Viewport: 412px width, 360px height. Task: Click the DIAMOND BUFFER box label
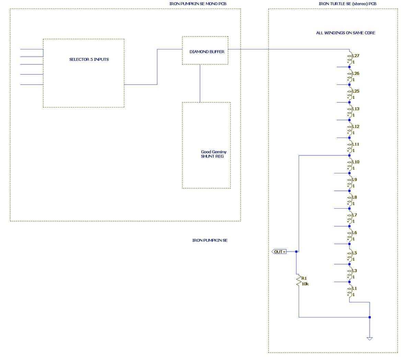(207, 52)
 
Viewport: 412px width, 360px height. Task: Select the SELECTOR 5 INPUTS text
(89, 59)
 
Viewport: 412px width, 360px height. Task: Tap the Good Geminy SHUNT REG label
(214, 154)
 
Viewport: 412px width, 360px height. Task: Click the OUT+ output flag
(279, 252)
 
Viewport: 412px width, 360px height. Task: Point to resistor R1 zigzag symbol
(299, 280)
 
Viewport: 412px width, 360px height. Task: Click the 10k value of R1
(305, 284)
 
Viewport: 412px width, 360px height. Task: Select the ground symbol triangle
(369, 339)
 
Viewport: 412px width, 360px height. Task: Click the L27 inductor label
(356, 56)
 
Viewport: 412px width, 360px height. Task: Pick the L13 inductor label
(356, 109)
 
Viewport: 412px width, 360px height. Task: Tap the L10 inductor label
(356, 162)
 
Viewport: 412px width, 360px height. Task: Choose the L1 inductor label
(354, 288)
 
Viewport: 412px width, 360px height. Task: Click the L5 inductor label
(354, 253)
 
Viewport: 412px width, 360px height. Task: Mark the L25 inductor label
(356, 91)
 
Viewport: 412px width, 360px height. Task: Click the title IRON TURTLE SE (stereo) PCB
(347, 4)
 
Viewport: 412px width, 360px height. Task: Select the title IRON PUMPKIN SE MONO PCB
(198, 4)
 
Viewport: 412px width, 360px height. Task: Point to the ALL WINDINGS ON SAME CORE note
(345, 33)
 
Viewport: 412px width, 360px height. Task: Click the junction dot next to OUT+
(296, 252)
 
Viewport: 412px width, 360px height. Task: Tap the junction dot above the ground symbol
(369, 317)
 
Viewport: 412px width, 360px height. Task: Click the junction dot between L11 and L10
(350, 155)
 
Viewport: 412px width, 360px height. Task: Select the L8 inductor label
(354, 197)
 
